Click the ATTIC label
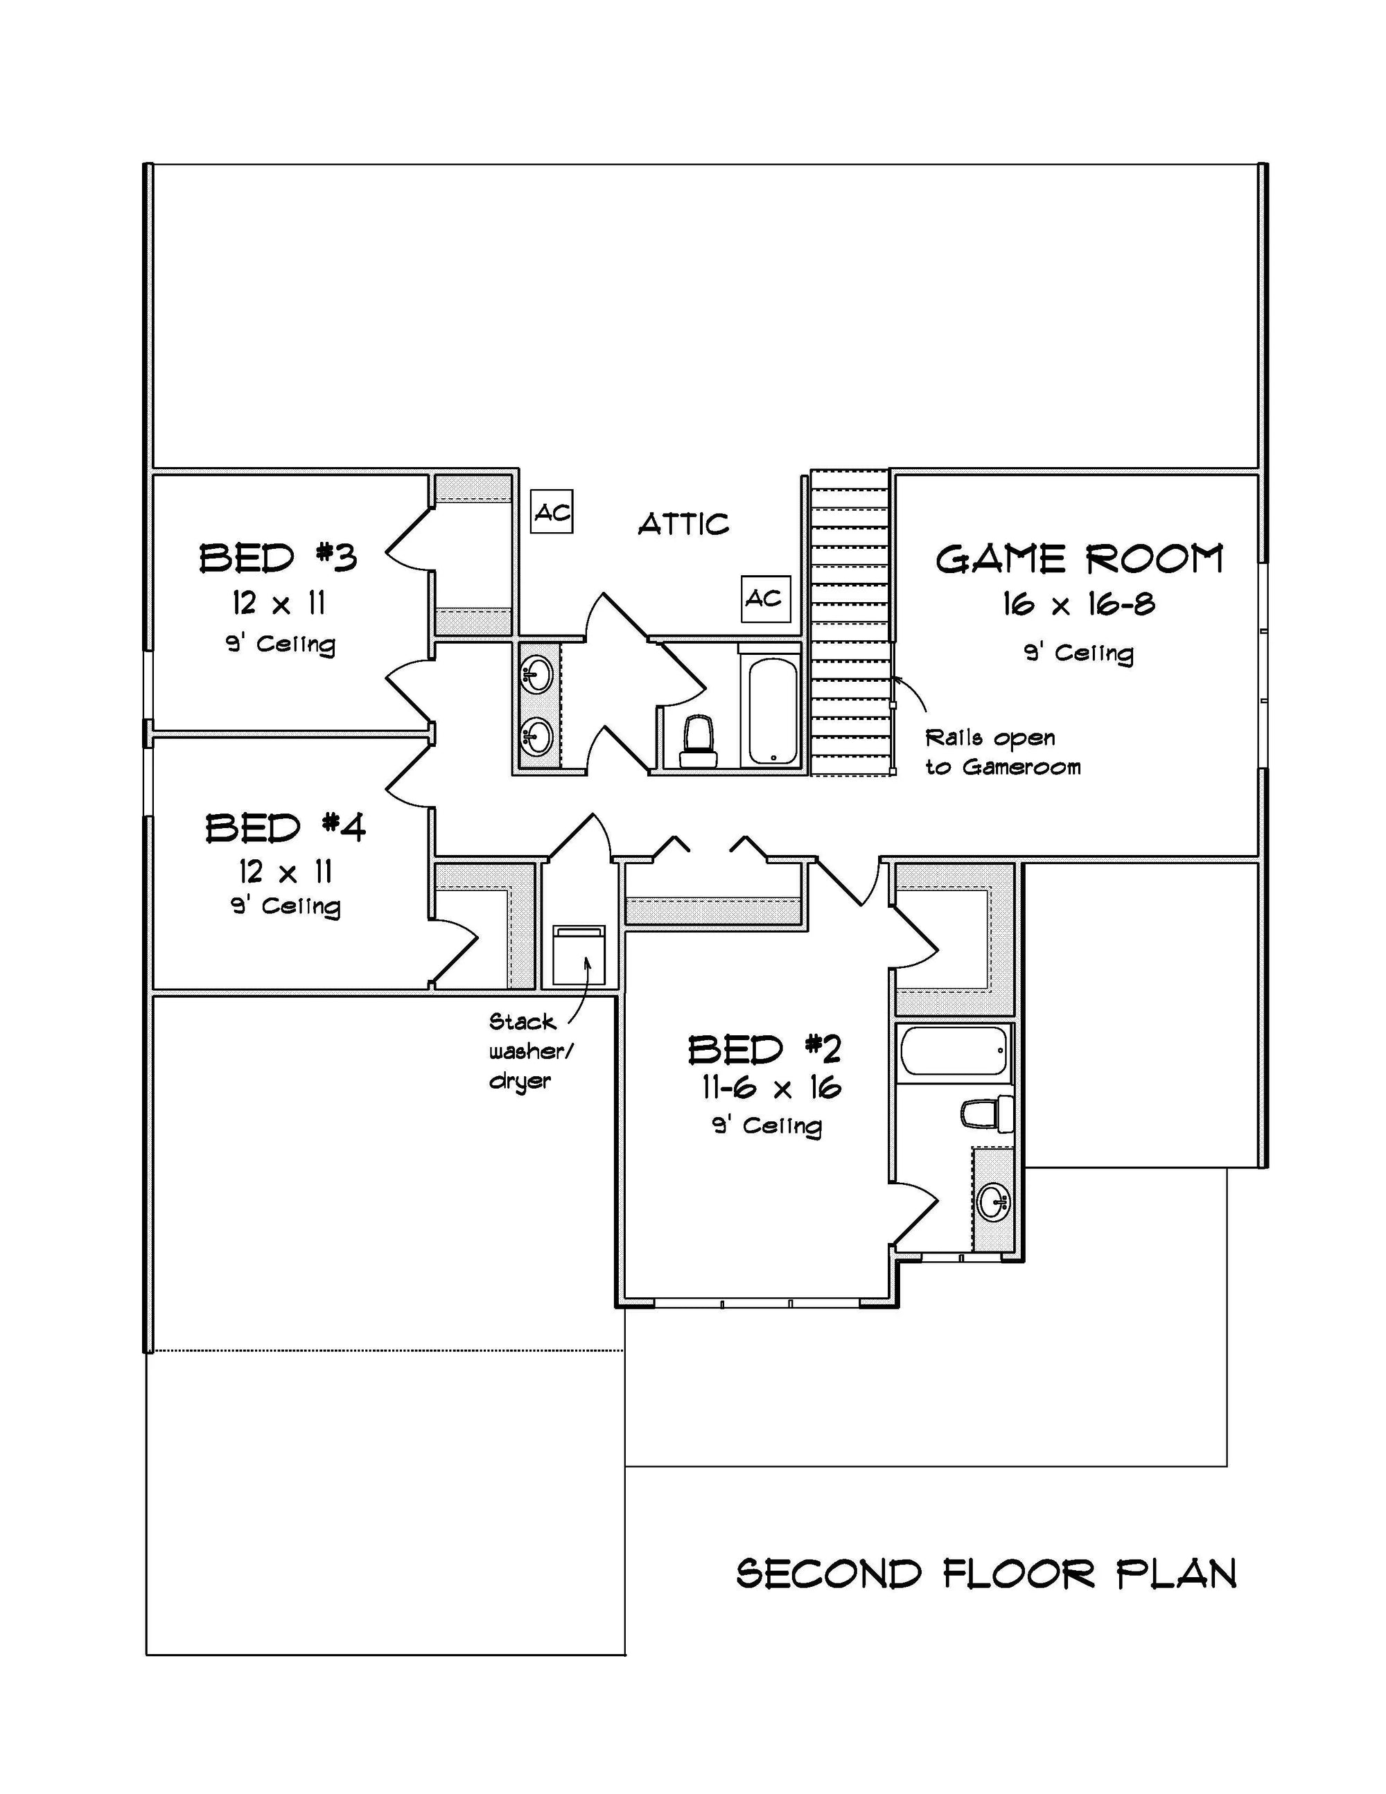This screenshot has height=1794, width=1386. pyautogui.click(x=683, y=523)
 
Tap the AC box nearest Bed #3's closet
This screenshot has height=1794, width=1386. pyautogui.click(x=551, y=512)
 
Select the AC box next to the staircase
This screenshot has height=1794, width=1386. pyautogui.click(x=765, y=598)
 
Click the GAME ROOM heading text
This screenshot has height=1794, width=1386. pyautogui.click(x=1079, y=559)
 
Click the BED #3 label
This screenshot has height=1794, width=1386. pyautogui.click(x=279, y=558)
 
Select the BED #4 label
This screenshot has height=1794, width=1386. pyautogui.click(x=285, y=827)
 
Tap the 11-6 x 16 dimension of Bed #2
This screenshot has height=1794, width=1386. pyautogui.click(x=771, y=1088)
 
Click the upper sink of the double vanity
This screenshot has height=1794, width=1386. pyautogui.click(x=536, y=674)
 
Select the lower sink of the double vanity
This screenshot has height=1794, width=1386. pyautogui.click(x=536, y=735)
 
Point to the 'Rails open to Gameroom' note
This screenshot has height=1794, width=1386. pyautogui.click(x=1002, y=752)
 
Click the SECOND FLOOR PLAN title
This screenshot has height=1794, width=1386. pyautogui.click(x=986, y=1574)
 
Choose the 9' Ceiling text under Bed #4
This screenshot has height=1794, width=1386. pyautogui.click(x=285, y=906)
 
